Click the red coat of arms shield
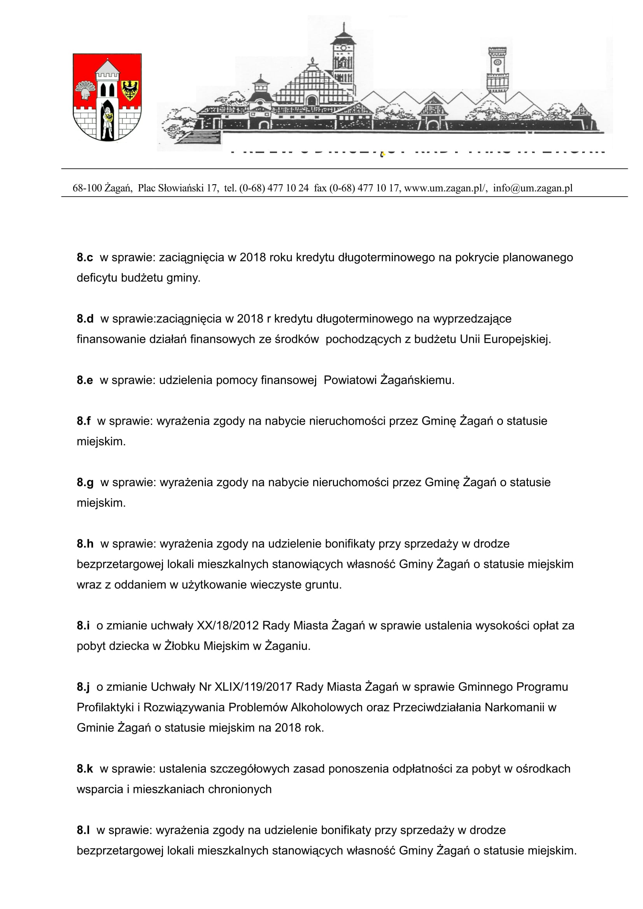107,97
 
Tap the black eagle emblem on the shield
130,89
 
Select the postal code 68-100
87,188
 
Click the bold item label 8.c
85,258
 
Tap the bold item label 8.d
85,319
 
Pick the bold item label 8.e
85,380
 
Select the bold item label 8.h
85,544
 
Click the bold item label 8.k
85,769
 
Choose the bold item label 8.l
83,830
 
